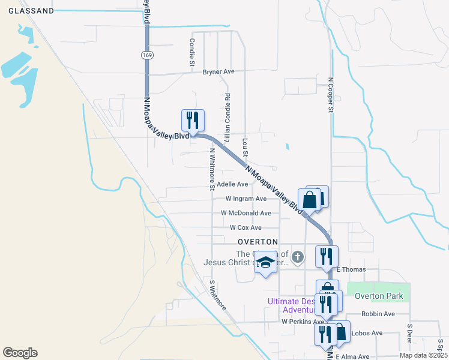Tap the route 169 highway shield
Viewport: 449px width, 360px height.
tap(147, 55)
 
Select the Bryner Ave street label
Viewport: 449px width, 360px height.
tap(218, 72)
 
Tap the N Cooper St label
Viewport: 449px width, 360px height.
tap(330, 95)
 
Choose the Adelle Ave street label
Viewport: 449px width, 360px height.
tap(232, 184)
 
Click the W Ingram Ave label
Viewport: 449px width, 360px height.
tap(246, 199)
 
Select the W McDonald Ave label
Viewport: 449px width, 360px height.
tap(246, 213)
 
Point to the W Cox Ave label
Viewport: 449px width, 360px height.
tap(246, 228)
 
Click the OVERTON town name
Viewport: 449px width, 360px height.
tap(255, 241)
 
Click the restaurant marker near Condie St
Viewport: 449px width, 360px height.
tap(193, 121)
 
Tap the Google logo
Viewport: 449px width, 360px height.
tap(20, 353)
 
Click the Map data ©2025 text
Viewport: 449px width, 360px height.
tap(423, 355)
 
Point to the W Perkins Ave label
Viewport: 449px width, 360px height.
tap(303, 322)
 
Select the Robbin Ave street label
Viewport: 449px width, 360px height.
tap(378, 314)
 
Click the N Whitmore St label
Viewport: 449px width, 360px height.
tap(212, 169)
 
